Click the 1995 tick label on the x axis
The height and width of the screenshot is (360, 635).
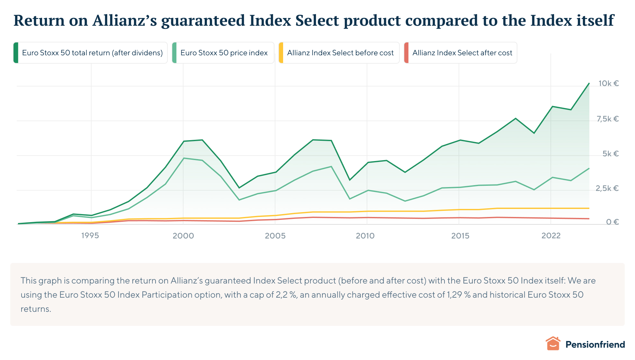pyautogui.click(x=90, y=236)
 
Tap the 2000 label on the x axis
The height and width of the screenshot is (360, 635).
pyautogui.click(x=183, y=236)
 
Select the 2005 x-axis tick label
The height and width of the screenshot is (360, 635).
pyautogui.click(x=275, y=236)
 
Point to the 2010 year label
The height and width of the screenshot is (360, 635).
pyautogui.click(x=365, y=236)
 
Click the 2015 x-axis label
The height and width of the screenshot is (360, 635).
pyautogui.click(x=460, y=236)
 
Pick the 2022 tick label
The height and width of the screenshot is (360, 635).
pyautogui.click(x=551, y=236)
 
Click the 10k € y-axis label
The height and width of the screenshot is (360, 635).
pyautogui.click(x=608, y=84)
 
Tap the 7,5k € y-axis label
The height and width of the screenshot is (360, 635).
pyautogui.click(x=607, y=119)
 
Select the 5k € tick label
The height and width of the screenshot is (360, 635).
pyautogui.click(x=610, y=154)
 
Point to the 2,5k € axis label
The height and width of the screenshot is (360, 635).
pyautogui.click(x=607, y=188)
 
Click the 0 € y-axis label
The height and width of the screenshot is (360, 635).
pyautogui.click(x=612, y=222)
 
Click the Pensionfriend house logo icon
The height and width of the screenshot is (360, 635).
pyautogui.click(x=553, y=344)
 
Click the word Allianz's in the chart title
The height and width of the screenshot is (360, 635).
pyautogui.click(x=125, y=21)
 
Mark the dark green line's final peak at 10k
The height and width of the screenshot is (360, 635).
pyautogui.click(x=589, y=84)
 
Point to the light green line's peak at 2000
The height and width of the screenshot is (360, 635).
pyautogui.click(x=183, y=158)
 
